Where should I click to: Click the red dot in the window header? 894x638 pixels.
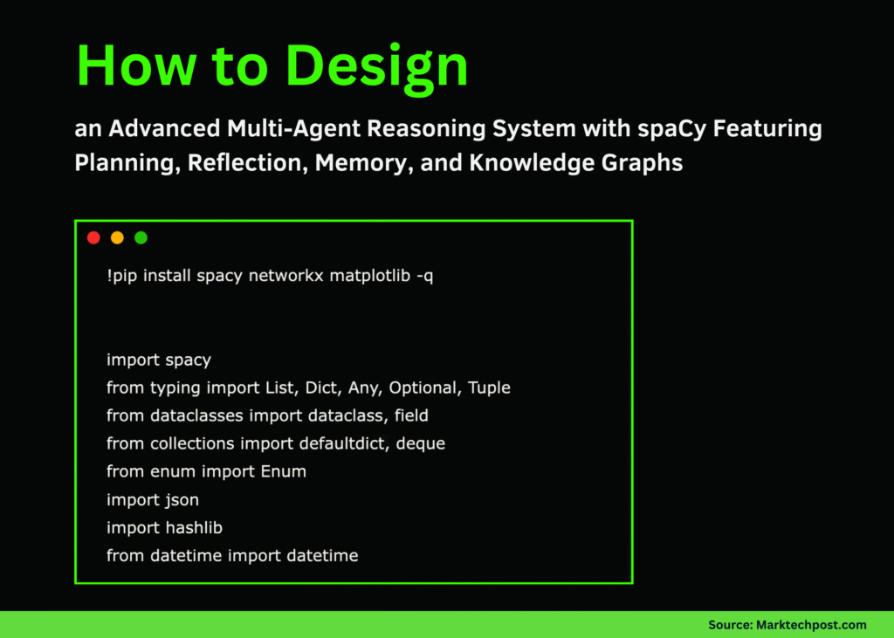coord(93,237)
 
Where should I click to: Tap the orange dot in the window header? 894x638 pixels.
coord(118,237)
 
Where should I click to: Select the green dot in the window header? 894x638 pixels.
coord(141,237)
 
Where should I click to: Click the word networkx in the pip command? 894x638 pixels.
coord(285,276)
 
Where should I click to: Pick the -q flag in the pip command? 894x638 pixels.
coord(425,277)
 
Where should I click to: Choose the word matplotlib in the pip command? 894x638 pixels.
coord(370,276)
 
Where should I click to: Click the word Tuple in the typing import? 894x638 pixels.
coord(489,388)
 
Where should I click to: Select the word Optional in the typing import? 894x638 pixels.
coord(425,388)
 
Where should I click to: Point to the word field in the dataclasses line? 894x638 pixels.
coord(411,415)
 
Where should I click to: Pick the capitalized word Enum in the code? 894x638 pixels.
coord(284,471)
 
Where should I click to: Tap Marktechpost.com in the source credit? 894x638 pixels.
coord(811,625)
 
